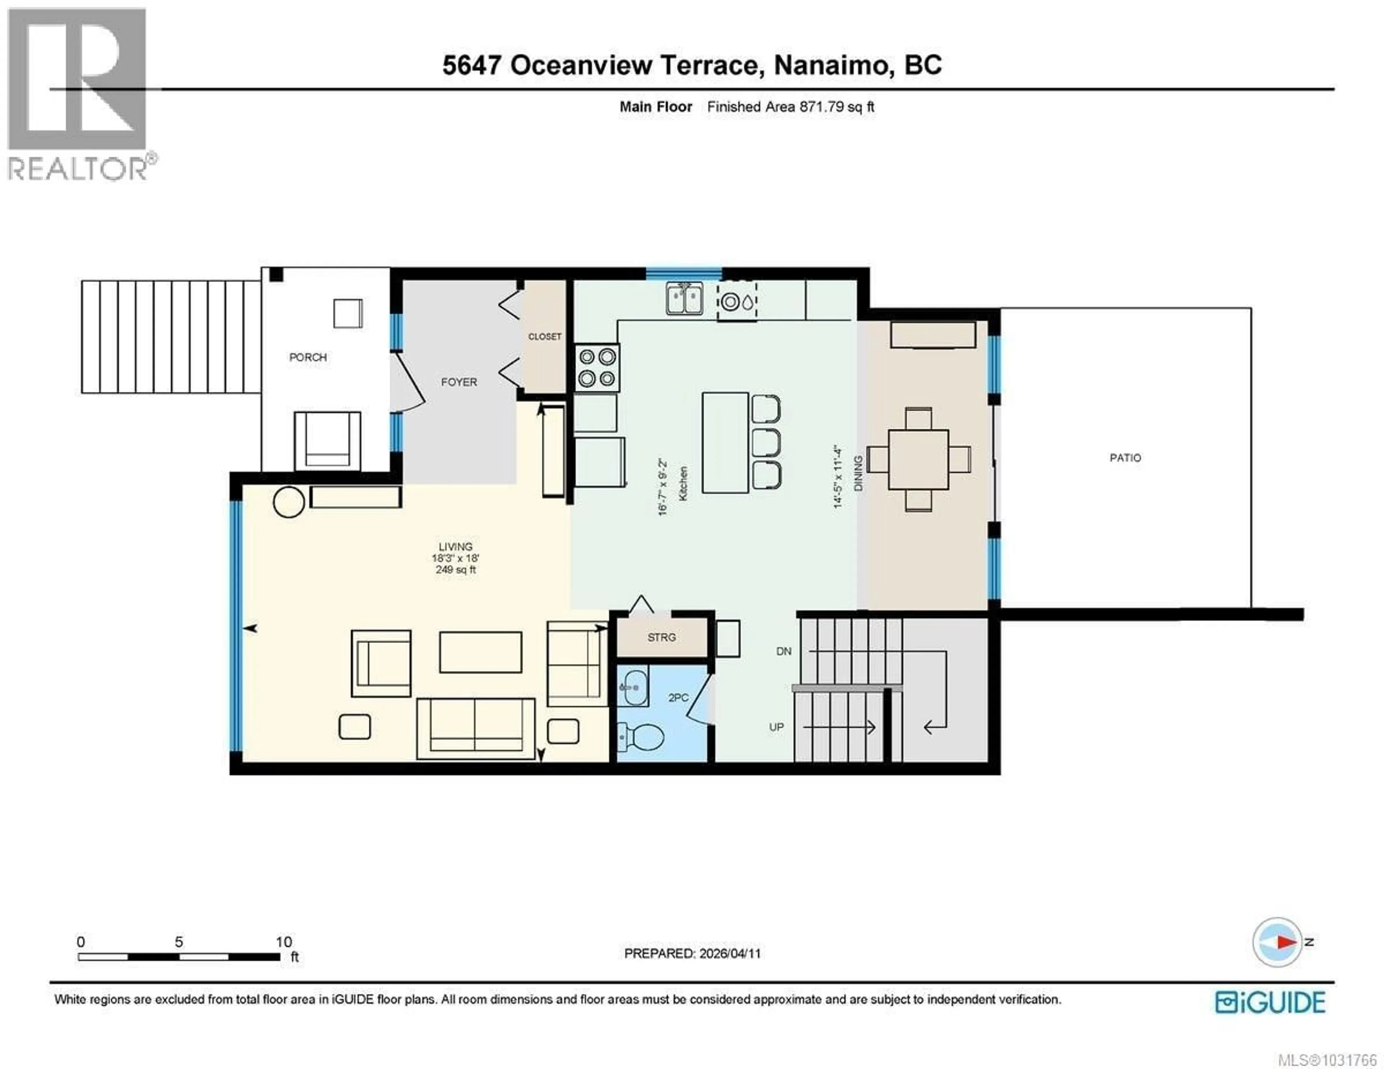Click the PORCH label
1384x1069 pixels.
(308, 358)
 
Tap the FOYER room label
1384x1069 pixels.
(459, 382)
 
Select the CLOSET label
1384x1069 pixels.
(544, 337)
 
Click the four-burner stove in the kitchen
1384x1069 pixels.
(597, 368)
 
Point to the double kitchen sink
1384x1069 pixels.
(684, 298)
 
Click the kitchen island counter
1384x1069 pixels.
(725, 442)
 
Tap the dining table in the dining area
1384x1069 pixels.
(918, 460)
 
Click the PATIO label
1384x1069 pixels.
(1125, 457)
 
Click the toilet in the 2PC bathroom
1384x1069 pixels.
(641, 737)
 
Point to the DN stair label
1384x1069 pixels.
(784, 651)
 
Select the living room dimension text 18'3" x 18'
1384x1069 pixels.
(455, 558)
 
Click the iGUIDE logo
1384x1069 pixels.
(1270, 1002)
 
